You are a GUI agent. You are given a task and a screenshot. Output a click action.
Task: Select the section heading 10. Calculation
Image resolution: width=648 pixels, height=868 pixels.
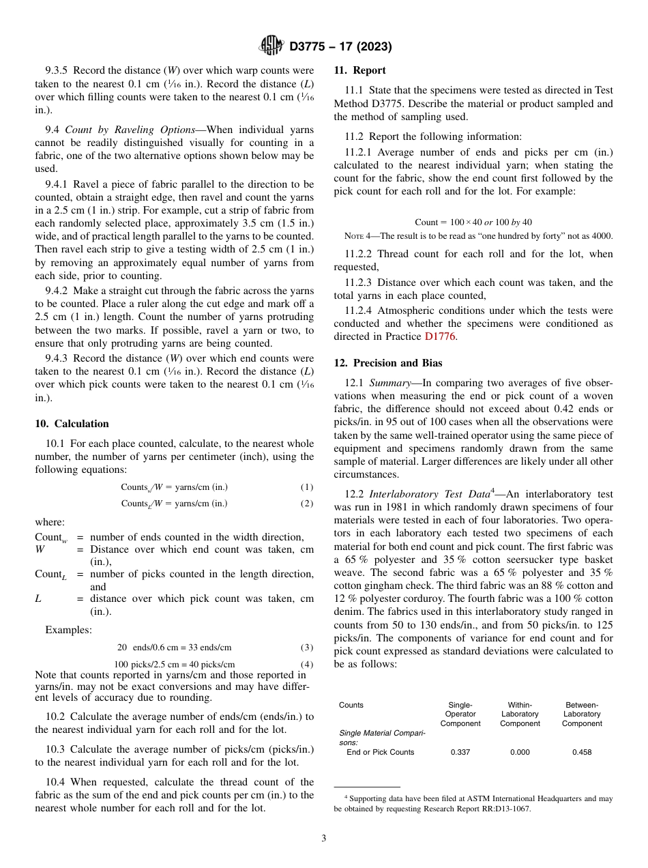tap(72, 424)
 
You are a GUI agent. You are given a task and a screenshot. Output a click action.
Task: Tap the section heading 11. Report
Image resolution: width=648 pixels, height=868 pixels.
tap(359, 70)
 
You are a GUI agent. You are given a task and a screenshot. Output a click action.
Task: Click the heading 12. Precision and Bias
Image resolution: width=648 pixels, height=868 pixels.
tap(387, 363)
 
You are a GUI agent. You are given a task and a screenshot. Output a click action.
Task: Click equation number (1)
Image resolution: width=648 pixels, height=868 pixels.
tap(307, 487)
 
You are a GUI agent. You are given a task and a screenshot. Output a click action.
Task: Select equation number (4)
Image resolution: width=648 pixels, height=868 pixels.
tap(307, 664)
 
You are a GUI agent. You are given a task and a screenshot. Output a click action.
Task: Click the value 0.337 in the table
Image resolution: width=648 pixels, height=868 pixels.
tap(460, 752)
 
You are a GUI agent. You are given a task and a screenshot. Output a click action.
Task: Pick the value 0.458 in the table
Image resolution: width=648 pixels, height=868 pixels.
tap(582, 752)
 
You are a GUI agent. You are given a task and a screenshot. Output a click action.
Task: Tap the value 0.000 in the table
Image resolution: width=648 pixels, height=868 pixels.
tap(520, 752)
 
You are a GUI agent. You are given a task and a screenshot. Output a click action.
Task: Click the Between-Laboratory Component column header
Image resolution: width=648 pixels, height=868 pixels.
tap(582, 714)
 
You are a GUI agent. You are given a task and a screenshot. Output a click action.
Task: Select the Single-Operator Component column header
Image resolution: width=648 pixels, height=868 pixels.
tap(460, 714)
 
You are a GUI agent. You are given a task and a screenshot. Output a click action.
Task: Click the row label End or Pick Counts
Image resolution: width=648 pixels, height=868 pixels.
tap(380, 752)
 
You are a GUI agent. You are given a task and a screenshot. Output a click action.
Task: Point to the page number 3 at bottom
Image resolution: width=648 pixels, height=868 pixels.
tap(323, 839)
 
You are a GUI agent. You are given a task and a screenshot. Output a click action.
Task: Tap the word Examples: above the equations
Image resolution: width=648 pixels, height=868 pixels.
tap(68, 630)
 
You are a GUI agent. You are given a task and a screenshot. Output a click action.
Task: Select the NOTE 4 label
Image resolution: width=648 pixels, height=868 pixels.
tap(359, 236)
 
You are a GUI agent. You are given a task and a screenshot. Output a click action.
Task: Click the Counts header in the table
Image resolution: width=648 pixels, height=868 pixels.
tap(351, 705)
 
